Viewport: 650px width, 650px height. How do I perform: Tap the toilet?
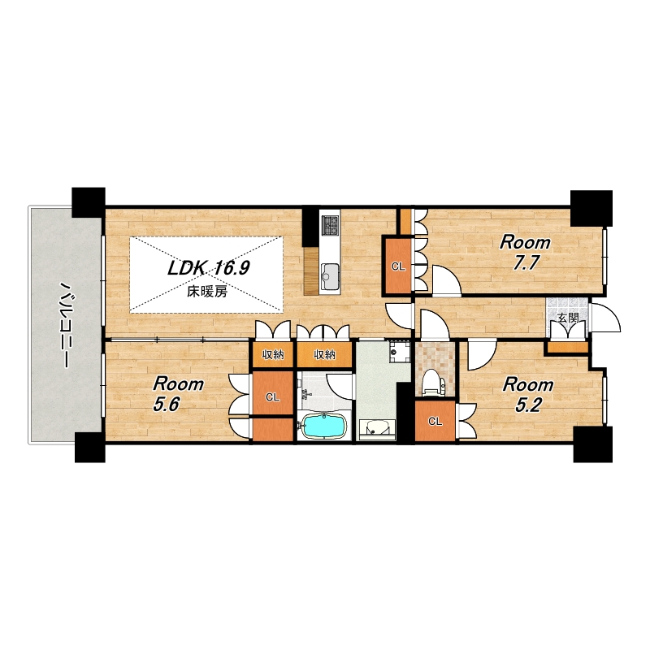pos(431,382)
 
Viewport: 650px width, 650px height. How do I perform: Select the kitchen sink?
pos(331,274)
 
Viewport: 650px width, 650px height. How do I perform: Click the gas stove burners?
pos(331,226)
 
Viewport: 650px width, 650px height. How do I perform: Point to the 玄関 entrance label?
pos(567,318)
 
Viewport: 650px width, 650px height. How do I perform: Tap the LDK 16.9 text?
pos(208,269)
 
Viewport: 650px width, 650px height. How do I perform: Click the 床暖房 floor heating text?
pos(207,292)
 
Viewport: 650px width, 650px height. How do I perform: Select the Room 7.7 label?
pos(525,253)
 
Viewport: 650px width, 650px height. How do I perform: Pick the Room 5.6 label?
pos(178,395)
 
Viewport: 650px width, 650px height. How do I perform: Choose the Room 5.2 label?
pos(527,395)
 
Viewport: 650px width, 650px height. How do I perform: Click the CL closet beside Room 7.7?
pos(398,266)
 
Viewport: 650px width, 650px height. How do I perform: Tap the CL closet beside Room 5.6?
pos(272,396)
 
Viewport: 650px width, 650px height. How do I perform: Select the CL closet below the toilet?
pos(435,421)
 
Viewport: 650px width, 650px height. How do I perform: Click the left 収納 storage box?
pos(273,354)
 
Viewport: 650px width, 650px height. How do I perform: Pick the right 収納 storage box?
pos(324,354)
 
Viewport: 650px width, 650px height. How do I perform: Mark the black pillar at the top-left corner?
pos(89,202)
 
